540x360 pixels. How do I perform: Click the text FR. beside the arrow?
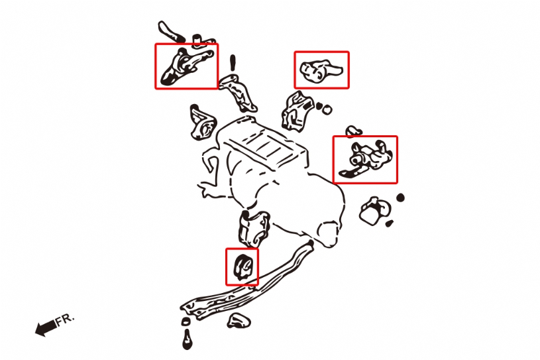coord(65,320)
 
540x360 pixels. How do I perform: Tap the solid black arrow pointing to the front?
coord(46,328)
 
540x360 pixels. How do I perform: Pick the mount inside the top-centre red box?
coord(321,71)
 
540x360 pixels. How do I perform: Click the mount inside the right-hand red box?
coord(366,159)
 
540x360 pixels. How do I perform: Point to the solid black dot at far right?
coord(400,198)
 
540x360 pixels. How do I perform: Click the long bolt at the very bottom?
coord(187,340)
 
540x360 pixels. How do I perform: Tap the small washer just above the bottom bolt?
coord(186,322)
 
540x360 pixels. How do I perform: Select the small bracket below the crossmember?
coord(239,321)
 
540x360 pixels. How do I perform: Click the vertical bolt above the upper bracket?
coord(233,63)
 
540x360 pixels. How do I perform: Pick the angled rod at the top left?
coord(171,32)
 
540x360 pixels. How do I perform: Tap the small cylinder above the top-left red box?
coord(196,40)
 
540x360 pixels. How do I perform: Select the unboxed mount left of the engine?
coord(203,123)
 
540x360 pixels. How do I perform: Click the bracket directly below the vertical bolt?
coord(239,92)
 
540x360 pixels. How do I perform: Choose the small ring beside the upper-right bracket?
coord(327,110)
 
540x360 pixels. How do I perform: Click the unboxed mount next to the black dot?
coord(375,211)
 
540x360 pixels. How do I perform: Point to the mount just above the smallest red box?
coord(254,228)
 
